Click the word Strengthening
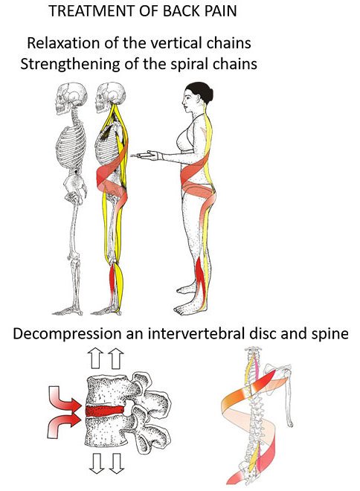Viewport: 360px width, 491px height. (x=70, y=65)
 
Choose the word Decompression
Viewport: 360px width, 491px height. (x=67, y=334)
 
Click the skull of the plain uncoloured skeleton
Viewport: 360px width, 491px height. (x=71, y=98)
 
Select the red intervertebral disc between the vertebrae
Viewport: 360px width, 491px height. (x=105, y=410)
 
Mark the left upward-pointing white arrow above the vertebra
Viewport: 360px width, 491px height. (x=95, y=358)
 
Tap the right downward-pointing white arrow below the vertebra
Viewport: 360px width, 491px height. (x=116, y=463)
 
